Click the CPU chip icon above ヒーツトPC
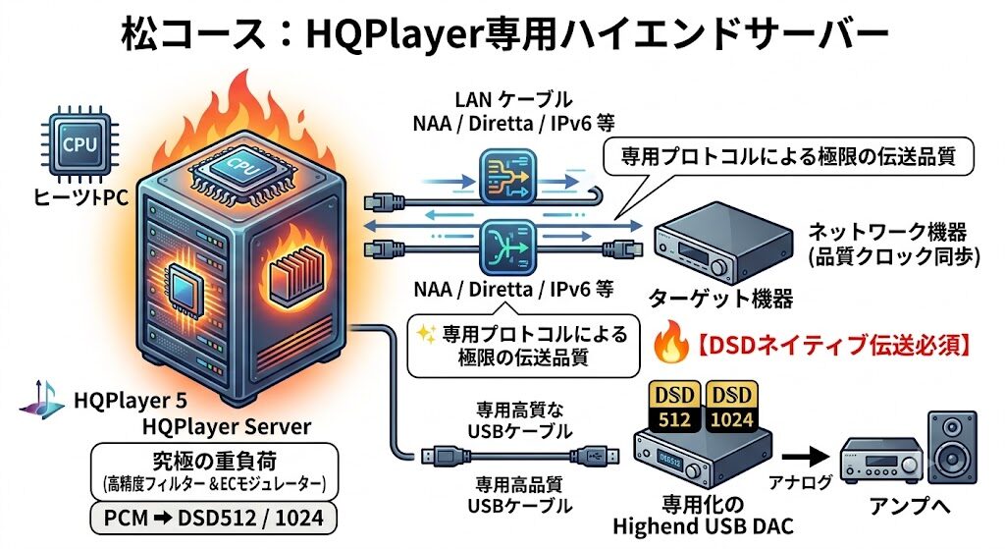tap(80, 145)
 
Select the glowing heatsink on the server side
tap(294, 278)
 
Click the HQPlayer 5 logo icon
tap(42, 400)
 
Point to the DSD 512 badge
tap(674, 407)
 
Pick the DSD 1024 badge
tap(731, 407)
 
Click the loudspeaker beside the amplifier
tap(952, 449)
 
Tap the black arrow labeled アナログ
tap(806, 457)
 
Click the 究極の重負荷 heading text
tap(214, 461)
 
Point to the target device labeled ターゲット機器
tap(722, 243)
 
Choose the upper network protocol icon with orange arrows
tap(507, 177)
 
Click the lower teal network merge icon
tap(507, 247)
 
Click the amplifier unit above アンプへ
tap(880, 460)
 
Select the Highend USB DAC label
tap(703, 526)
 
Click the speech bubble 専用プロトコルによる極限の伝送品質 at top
tap(788, 157)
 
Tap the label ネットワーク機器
tap(887, 232)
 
